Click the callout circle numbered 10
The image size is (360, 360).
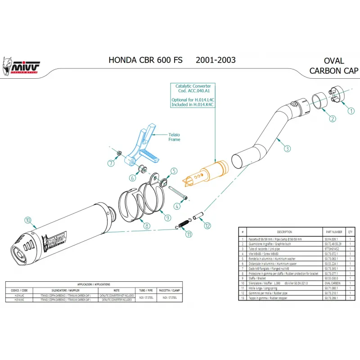tap(28, 220)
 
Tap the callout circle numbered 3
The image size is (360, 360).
tap(287, 148)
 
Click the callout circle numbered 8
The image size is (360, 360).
tap(147, 226)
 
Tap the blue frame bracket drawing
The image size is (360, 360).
tap(143, 146)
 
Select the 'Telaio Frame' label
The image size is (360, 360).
tap(174, 137)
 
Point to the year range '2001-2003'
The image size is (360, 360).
tap(216, 60)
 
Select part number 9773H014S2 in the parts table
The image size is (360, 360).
tap(331, 248)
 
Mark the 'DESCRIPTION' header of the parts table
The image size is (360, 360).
tap(285, 232)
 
